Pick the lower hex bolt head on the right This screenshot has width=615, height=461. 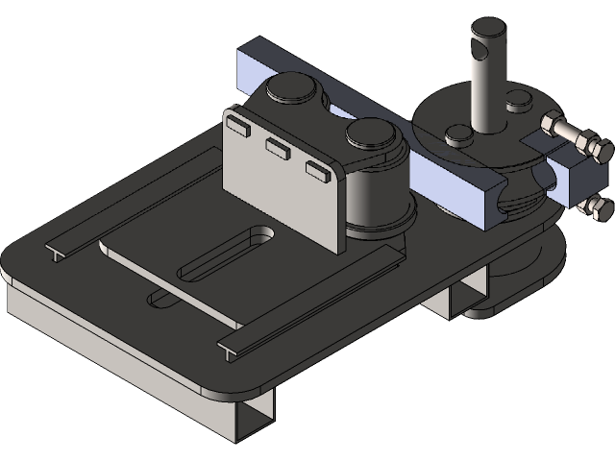tap(601, 208)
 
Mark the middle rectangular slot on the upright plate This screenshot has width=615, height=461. tap(279, 147)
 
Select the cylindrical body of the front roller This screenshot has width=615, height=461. tap(375, 197)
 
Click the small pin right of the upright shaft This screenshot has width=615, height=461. tap(517, 98)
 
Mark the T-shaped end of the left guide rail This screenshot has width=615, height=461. tap(56, 253)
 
